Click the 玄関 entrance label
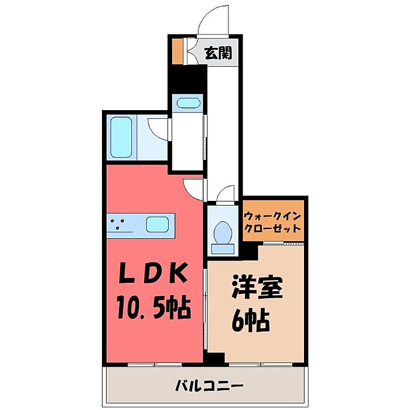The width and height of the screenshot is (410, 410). [x=217, y=53]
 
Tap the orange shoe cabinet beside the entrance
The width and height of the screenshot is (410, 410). [x=177, y=52]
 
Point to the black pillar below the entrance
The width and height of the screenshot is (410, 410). [x=187, y=79]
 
